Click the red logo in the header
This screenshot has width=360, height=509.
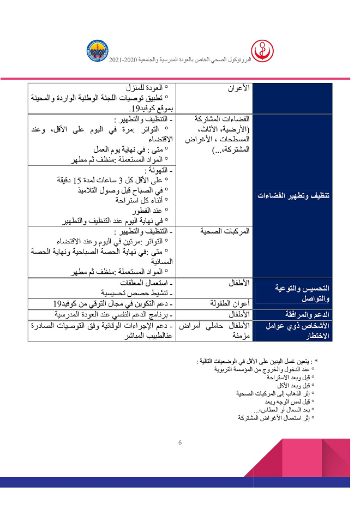coord(266,51)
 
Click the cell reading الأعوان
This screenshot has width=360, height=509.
coord(238,87)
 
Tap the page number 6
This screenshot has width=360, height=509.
coord(180,442)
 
